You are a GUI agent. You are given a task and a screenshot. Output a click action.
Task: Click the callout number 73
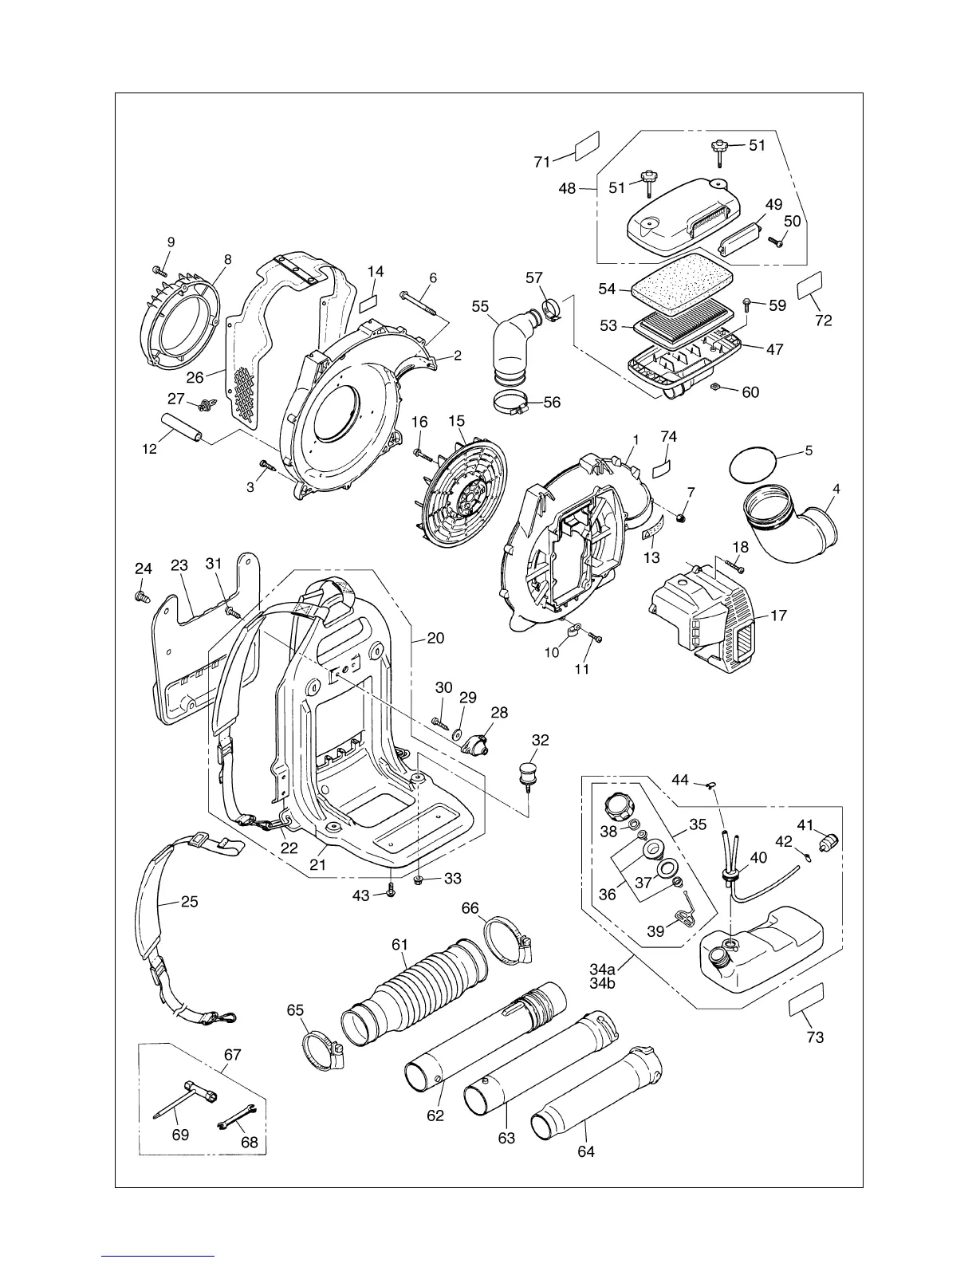(815, 1037)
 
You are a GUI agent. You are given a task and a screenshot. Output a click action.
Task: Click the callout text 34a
(603, 969)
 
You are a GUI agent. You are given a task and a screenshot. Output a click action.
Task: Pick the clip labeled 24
(142, 595)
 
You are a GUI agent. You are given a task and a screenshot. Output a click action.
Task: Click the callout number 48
(567, 190)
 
